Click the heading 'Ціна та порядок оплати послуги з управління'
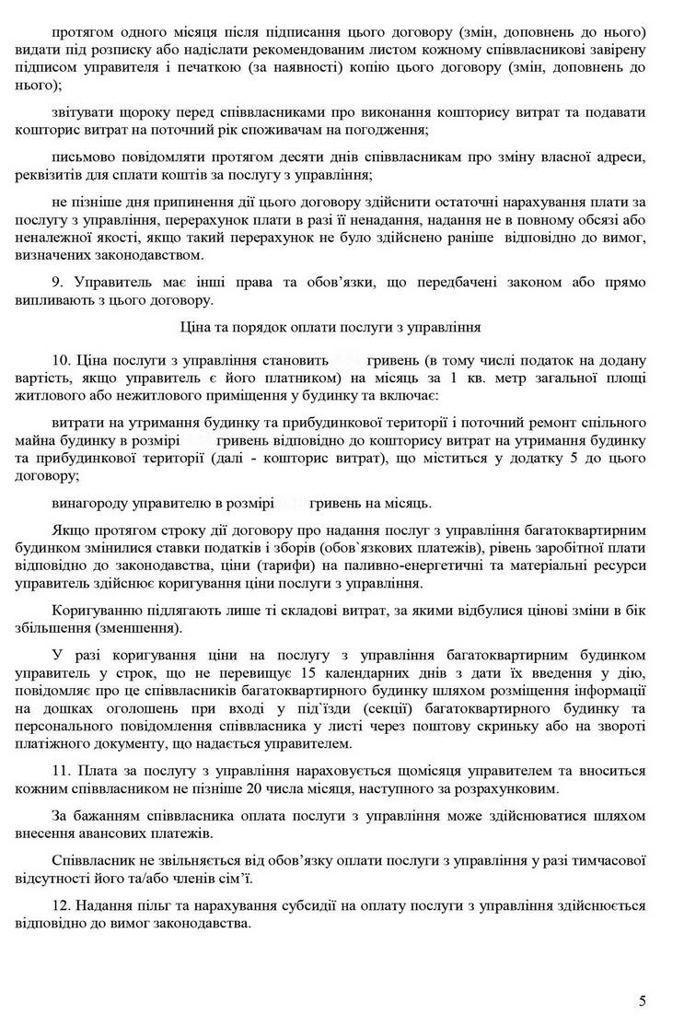coord(342,326)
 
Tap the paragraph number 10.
coord(61,358)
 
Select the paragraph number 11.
coord(61,770)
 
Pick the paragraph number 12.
coord(61,905)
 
